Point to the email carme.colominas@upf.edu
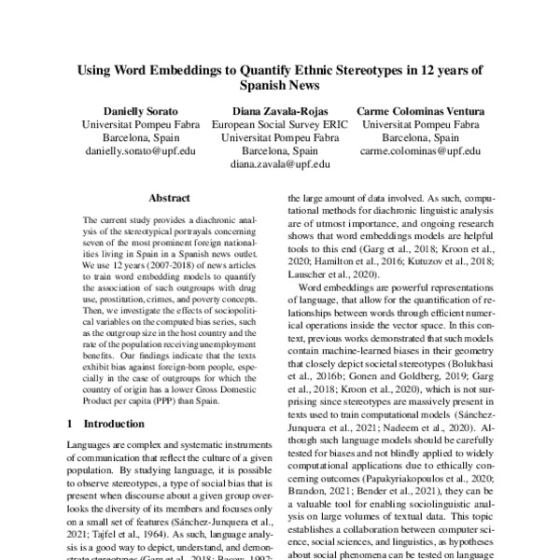[420, 149]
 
